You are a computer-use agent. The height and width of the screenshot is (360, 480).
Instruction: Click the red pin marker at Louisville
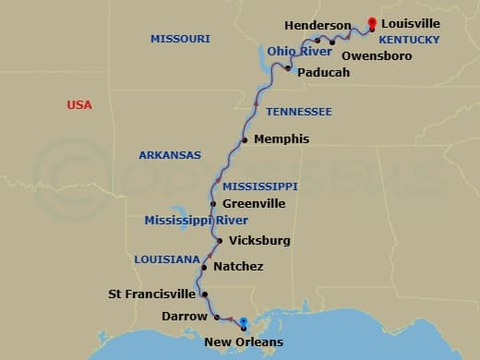pyautogui.click(x=372, y=23)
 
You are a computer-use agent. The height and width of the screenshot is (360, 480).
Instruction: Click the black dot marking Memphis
pyautogui.click(x=245, y=140)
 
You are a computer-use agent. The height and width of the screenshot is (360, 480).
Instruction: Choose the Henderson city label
pyautogui.click(x=318, y=25)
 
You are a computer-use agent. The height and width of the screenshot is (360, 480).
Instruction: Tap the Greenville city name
pyautogui.click(x=254, y=203)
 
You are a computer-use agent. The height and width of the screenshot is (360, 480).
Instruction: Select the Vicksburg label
pyautogui.click(x=259, y=240)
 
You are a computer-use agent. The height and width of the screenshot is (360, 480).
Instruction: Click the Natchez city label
pyautogui.click(x=238, y=267)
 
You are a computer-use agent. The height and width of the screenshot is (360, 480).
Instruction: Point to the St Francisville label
pyautogui.click(x=152, y=294)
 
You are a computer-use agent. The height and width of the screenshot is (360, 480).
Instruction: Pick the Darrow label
pyautogui.click(x=184, y=316)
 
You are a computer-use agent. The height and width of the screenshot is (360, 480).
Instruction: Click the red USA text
pyautogui.click(x=79, y=105)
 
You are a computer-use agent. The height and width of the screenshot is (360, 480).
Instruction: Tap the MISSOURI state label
pyautogui.click(x=180, y=39)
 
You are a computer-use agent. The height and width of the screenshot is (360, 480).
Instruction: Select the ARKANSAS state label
pyautogui.click(x=170, y=155)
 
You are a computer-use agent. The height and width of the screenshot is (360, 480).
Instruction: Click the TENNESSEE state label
pyautogui.click(x=299, y=112)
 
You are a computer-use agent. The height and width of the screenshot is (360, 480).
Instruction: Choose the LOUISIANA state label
pyautogui.click(x=167, y=259)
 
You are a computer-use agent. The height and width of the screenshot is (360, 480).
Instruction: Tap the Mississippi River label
pyautogui.click(x=196, y=221)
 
